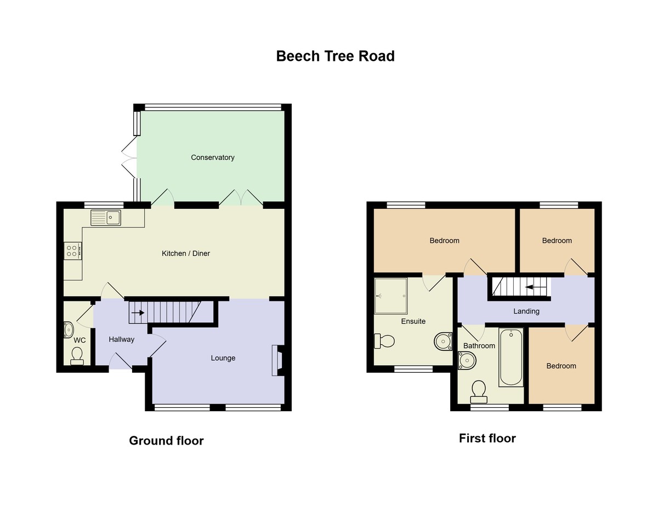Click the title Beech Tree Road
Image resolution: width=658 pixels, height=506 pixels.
pyautogui.click(x=335, y=56)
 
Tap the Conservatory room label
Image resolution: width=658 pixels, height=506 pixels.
pyautogui.click(x=212, y=157)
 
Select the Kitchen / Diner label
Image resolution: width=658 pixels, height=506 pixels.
pyautogui.click(x=185, y=253)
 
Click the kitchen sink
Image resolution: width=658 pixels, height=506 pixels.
pyautogui.click(x=106, y=218)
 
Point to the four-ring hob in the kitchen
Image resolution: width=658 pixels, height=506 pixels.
pyautogui.click(x=73, y=251)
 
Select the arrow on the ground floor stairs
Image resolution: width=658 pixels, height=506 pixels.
pyautogui.click(x=138, y=313)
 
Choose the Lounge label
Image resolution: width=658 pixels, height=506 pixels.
pyautogui.click(x=223, y=358)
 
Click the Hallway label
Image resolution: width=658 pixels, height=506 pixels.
pyautogui.click(x=121, y=339)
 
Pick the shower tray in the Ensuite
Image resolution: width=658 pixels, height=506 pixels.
pyautogui.click(x=390, y=295)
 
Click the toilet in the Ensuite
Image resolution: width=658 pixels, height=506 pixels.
pyautogui.click(x=384, y=341)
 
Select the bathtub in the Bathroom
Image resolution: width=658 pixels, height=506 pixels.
pyautogui.click(x=511, y=357)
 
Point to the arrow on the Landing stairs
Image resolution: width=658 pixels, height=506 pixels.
pyautogui.click(x=536, y=287)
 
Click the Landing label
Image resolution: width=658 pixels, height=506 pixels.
pyautogui.click(x=526, y=311)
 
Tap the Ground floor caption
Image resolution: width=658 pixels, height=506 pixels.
pyautogui.click(x=166, y=441)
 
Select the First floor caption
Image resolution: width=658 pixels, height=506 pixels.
pyautogui.click(x=487, y=438)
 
